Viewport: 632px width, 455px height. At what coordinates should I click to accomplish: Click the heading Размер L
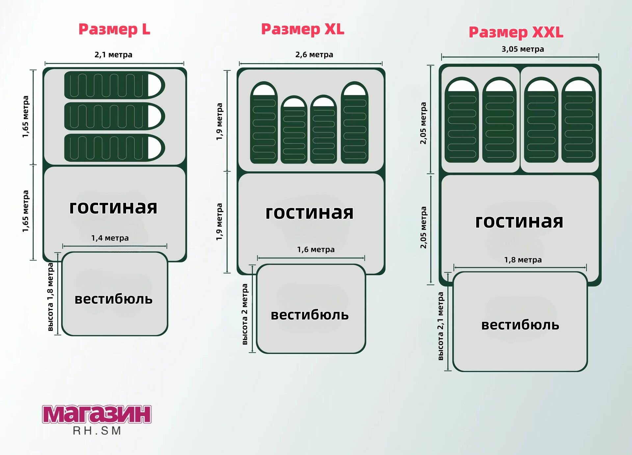pyautogui.click(x=114, y=30)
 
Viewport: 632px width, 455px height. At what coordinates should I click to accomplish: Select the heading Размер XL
pyautogui.click(x=303, y=29)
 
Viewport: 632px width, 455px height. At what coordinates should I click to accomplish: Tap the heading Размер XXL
pyautogui.click(x=516, y=32)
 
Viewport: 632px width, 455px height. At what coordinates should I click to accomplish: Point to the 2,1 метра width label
pyautogui.click(x=113, y=55)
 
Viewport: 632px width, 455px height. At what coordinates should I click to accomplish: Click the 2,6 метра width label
pyautogui.click(x=314, y=55)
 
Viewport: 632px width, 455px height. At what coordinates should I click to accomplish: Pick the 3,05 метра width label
pyautogui.click(x=523, y=49)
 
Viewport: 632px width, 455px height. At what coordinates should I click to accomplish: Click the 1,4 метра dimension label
pyautogui.click(x=110, y=238)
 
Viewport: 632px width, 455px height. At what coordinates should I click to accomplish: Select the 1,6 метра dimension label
pyautogui.click(x=316, y=250)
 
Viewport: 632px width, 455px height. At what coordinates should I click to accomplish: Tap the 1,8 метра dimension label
pyautogui.click(x=523, y=260)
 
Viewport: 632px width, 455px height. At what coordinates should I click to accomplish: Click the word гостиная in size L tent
pyautogui.click(x=113, y=207)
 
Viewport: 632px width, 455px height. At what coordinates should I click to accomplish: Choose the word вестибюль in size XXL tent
pyautogui.click(x=520, y=325)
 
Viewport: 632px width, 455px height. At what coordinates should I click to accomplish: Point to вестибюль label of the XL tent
pyautogui.click(x=310, y=315)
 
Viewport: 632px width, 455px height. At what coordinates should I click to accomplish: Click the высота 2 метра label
pyautogui.click(x=245, y=314)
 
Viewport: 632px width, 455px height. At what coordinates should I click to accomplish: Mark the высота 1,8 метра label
pyautogui.click(x=50, y=297)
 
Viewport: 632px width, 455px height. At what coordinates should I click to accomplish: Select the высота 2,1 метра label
pyautogui.click(x=440, y=326)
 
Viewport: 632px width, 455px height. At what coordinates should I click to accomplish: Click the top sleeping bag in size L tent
pyautogui.click(x=114, y=85)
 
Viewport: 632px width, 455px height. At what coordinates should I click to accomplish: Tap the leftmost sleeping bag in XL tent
pyautogui.click(x=264, y=123)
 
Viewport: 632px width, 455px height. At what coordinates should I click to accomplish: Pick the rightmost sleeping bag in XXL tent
pyautogui.click(x=578, y=120)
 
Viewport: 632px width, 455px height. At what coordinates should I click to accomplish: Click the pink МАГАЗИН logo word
pyautogui.click(x=97, y=415)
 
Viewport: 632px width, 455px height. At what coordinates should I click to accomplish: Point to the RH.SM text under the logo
pyautogui.click(x=97, y=431)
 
